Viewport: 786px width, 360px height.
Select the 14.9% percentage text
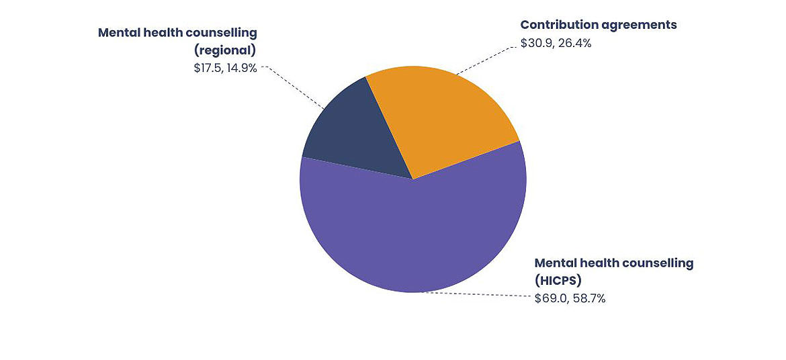click(242, 68)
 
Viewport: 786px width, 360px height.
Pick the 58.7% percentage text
click(588, 299)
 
